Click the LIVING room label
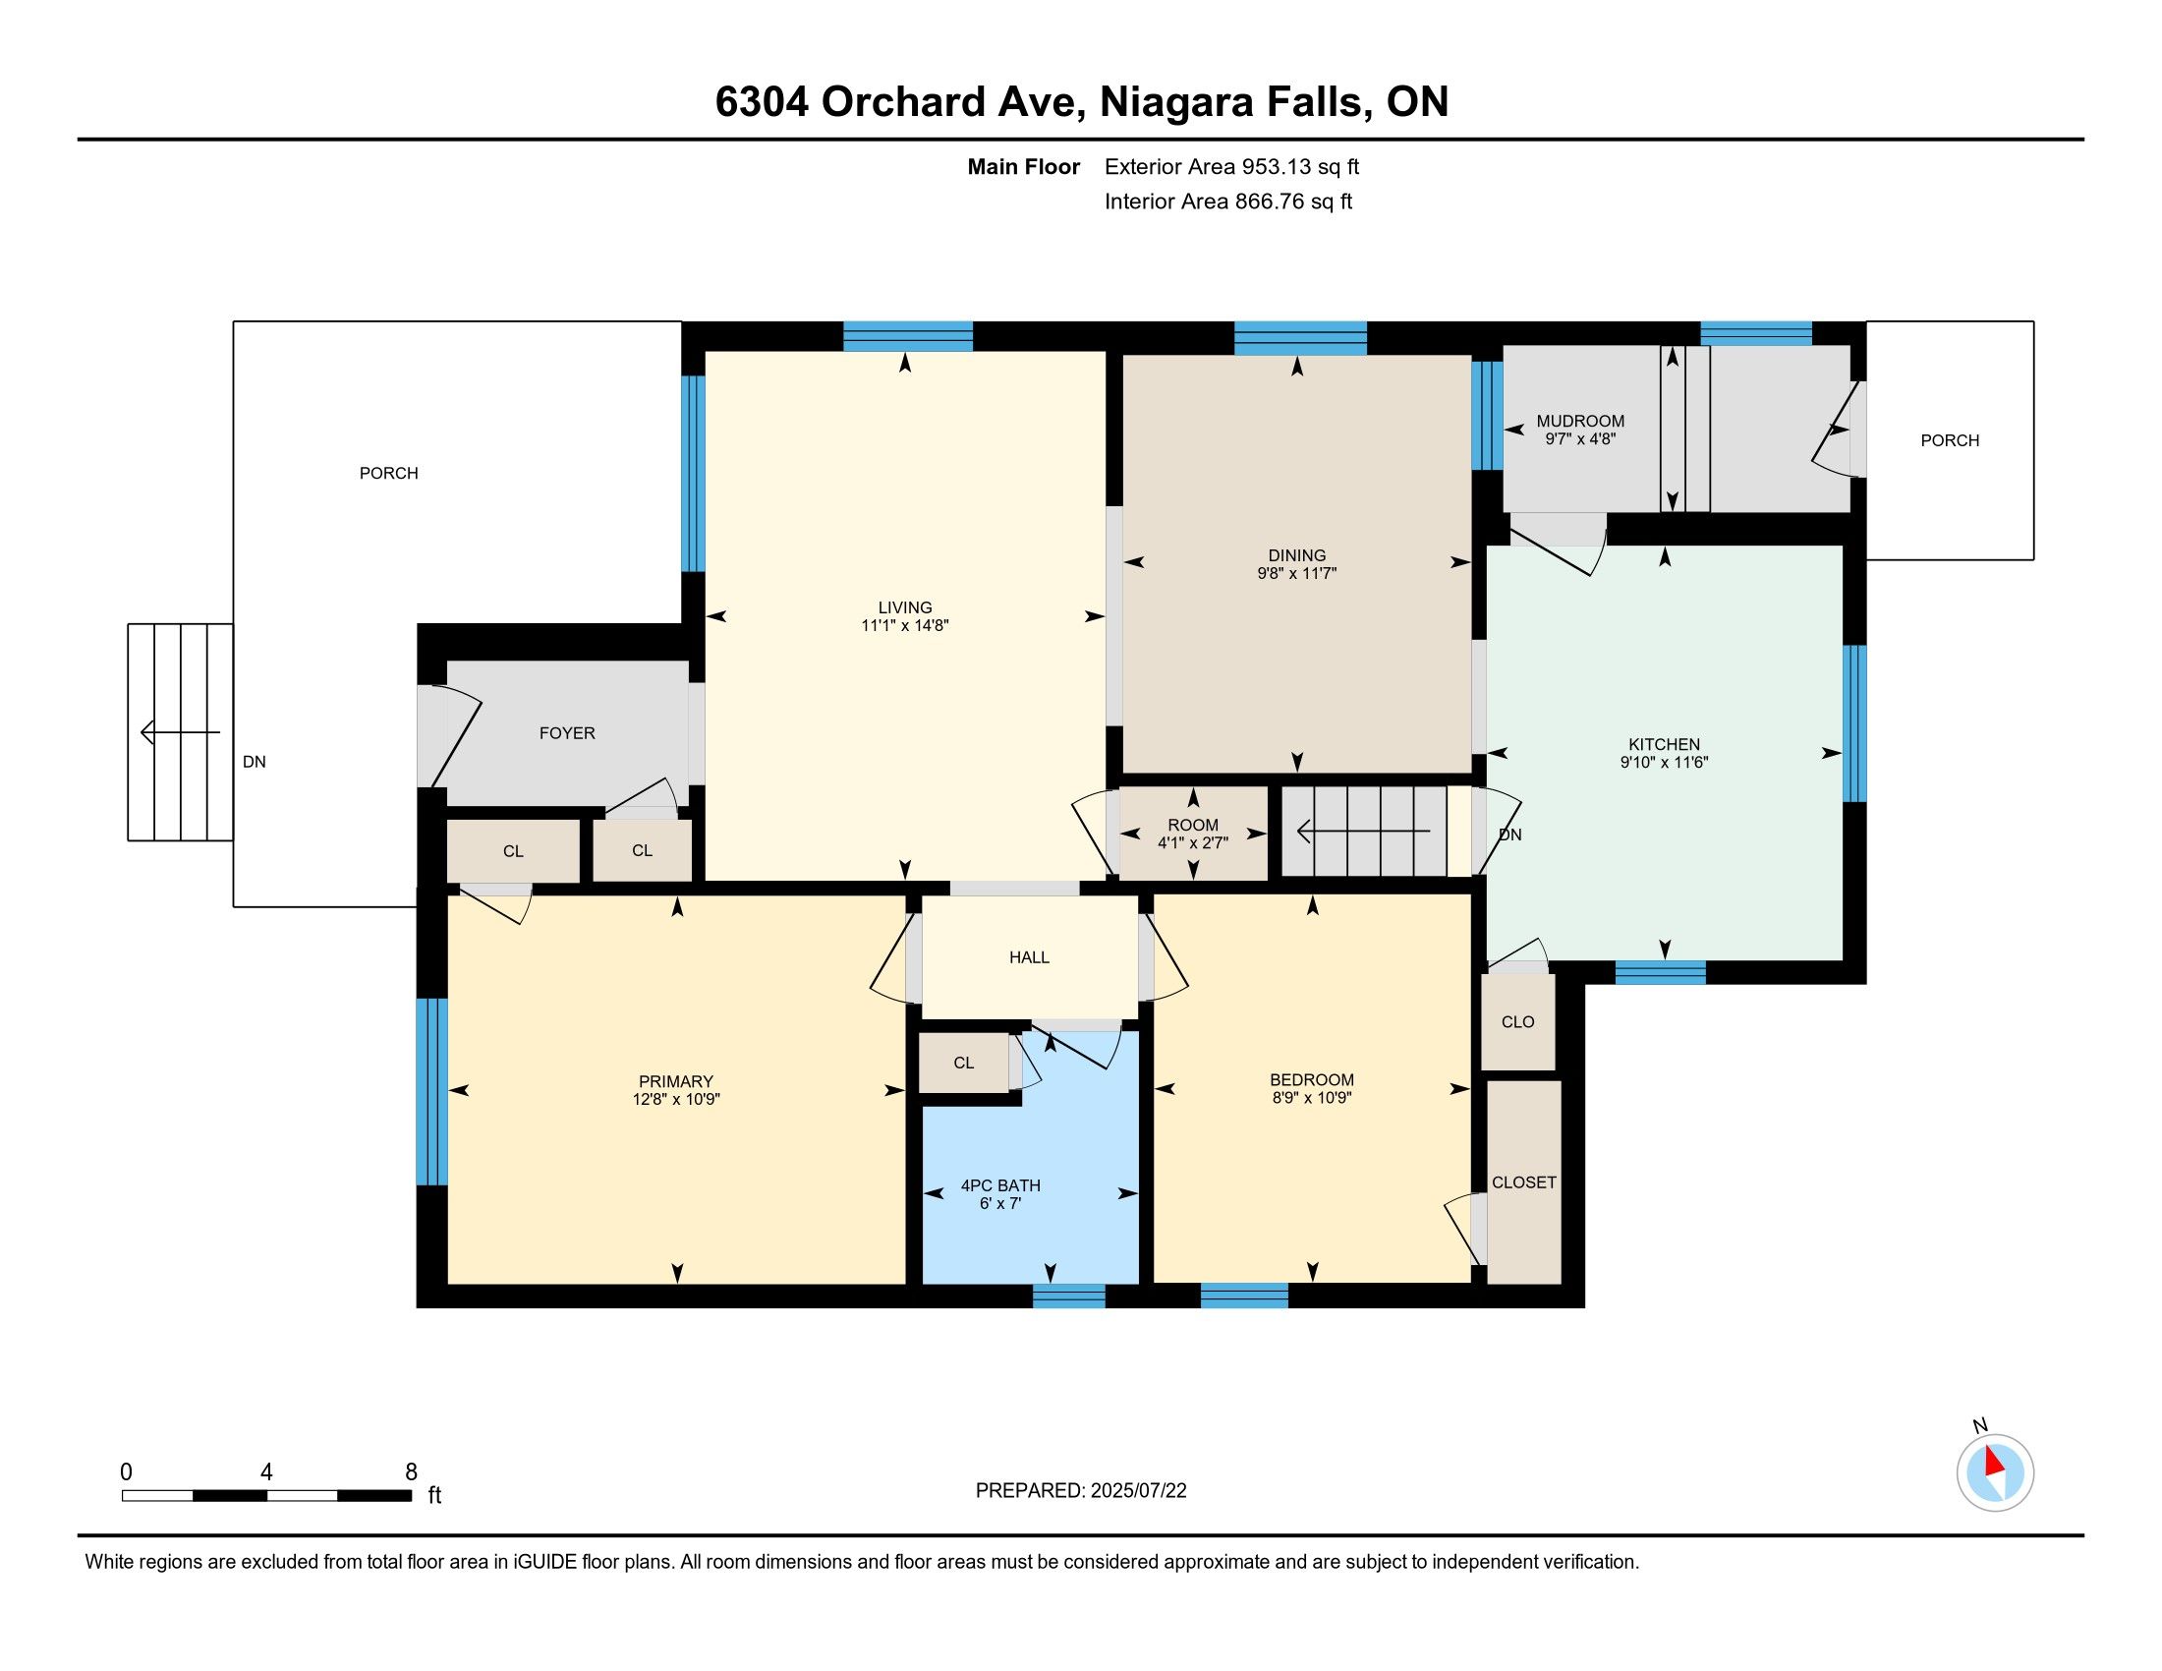[x=905, y=607]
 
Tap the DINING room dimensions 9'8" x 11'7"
[x=1297, y=573]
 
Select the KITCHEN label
[x=1664, y=744]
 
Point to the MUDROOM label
[x=1580, y=421]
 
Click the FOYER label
[x=567, y=732]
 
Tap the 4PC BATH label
[x=1000, y=1186]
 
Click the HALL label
[x=1030, y=957]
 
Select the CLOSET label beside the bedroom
[x=1523, y=1181]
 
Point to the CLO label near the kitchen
[x=1517, y=1021]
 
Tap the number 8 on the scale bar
[x=411, y=1471]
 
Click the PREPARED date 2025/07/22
[x=1137, y=1491]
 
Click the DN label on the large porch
[x=255, y=761]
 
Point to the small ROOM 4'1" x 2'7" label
[x=1193, y=834]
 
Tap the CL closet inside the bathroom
[x=964, y=1063]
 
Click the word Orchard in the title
[x=904, y=101]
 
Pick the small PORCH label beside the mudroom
[x=1950, y=440]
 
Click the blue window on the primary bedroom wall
[x=431, y=1091]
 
